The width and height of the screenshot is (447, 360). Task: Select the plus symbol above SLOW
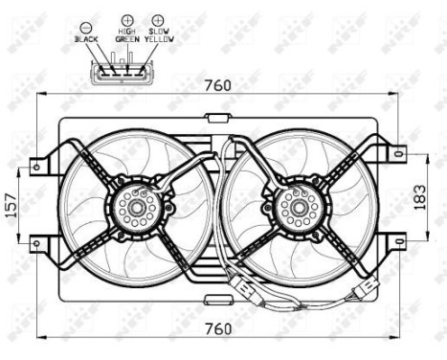pos(157,19)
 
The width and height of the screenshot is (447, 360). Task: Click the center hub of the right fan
pos(294,204)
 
